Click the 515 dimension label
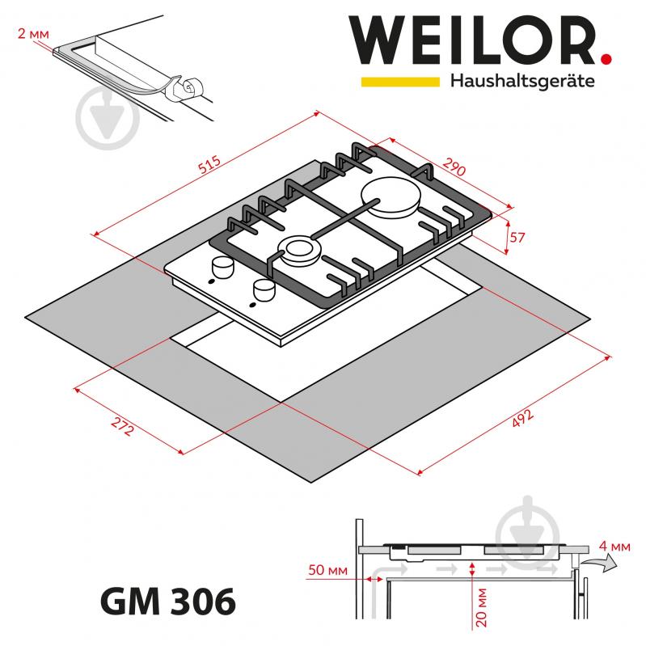click(x=209, y=167)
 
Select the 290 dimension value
click(x=453, y=170)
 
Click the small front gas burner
click(x=295, y=250)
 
